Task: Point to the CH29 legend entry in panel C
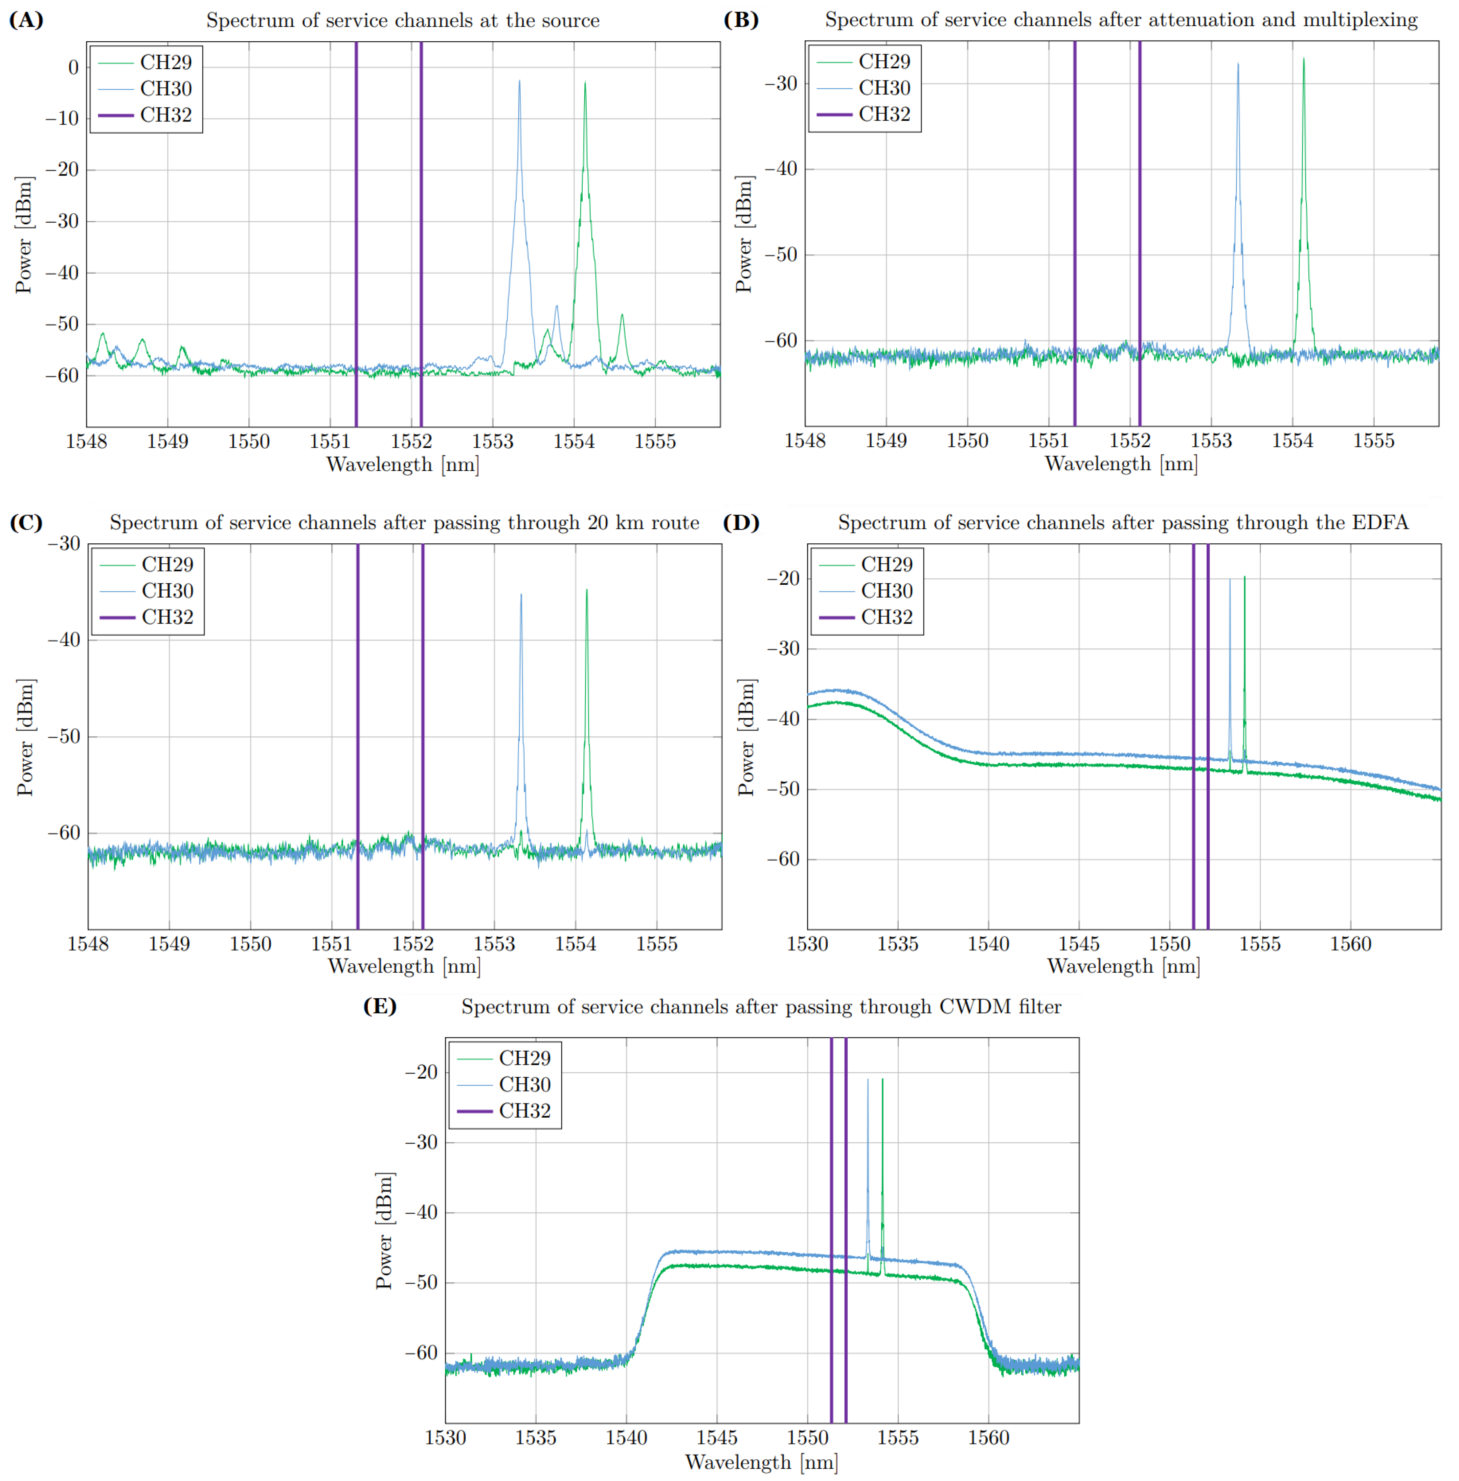(167, 565)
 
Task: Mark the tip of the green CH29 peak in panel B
(1303, 59)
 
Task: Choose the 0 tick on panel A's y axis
(73, 67)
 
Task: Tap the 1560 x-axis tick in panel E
(988, 1437)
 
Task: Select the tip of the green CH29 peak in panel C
(587, 590)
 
